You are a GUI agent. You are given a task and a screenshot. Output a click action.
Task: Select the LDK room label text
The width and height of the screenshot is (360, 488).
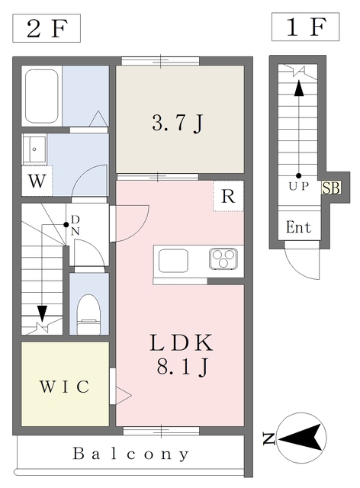(180, 342)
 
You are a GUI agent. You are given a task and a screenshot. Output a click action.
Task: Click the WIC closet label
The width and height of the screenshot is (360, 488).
(64, 387)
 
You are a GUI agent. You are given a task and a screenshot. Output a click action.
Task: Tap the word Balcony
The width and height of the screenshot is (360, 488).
(131, 454)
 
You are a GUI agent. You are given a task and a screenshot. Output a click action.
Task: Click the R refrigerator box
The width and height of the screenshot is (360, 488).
(227, 196)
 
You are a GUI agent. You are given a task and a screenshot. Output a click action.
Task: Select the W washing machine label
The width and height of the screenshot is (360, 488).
(37, 182)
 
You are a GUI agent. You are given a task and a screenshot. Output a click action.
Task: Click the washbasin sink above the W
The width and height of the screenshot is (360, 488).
(35, 149)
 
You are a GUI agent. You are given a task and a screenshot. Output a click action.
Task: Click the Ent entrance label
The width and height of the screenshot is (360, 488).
(298, 227)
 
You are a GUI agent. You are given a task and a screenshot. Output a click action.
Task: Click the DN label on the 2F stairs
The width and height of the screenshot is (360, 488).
(75, 225)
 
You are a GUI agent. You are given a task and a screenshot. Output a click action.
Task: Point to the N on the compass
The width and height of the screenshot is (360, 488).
(268, 438)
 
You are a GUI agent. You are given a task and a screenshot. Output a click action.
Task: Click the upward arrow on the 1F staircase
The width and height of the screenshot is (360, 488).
(298, 90)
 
